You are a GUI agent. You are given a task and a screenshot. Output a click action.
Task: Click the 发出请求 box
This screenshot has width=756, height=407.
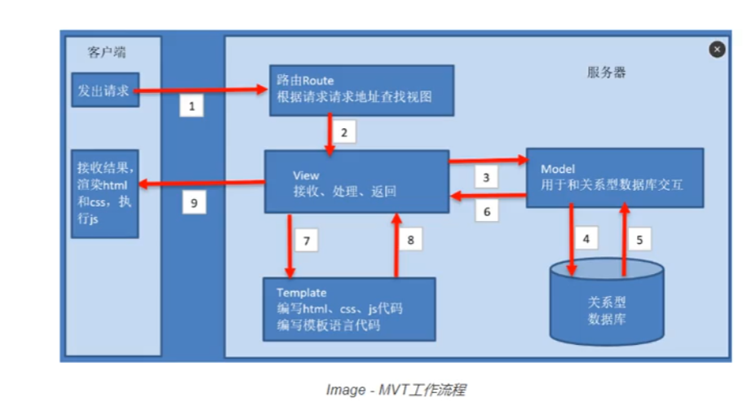pyautogui.click(x=103, y=91)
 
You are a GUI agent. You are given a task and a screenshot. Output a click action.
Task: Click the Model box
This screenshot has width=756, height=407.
pyautogui.click(x=614, y=177)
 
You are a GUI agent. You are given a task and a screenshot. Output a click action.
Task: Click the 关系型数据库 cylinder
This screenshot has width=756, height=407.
pyautogui.click(x=607, y=307)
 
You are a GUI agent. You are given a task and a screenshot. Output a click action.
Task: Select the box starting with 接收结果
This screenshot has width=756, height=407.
pyautogui.click(x=103, y=193)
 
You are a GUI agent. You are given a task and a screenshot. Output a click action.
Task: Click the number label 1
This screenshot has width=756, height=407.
pyautogui.click(x=191, y=106)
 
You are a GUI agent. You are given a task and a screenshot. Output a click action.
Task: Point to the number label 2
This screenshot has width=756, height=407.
pyautogui.click(x=345, y=131)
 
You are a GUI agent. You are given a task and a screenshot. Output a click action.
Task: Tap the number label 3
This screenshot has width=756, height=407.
pyautogui.click(x=486, y=177)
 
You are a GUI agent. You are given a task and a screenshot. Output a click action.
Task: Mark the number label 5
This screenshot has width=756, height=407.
pyautogui.click(x=640, y=241)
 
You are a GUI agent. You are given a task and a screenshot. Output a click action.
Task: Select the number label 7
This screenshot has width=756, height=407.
pyautogui.click(x=307, y=241)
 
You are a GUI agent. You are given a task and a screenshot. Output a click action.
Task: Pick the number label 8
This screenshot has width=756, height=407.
pyautogui.click(x=411, y=241)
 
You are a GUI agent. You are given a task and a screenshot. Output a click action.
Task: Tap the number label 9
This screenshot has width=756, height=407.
pyautogui.click(x=194, y=203)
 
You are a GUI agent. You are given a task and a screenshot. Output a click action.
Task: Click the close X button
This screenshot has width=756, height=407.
pyautogui.click(x=717, y=50)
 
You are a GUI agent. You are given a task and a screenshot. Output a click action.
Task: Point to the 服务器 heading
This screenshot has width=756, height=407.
pyautogui.click(x=608, y=73)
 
